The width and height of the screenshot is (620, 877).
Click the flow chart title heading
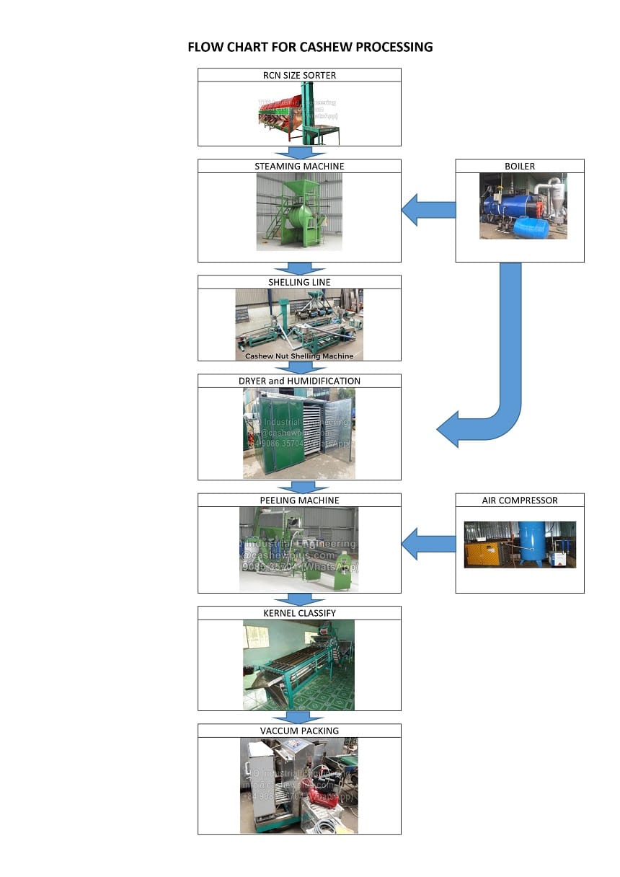pyautogui.click(x=310, y=48)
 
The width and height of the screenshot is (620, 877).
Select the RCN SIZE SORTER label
pyautogui.click(x=299, y=75)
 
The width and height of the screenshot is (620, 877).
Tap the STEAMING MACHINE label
pyautogui.click(x=299, y=166)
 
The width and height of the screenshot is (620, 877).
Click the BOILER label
pyautogui.click(x=519, y=166)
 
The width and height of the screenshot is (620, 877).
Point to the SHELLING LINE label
pyautogui.click(x=299, y=282)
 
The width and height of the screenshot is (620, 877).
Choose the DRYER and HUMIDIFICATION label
pyautogui.click(x=299, y=381)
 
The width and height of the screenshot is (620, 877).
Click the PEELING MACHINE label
pyautogui.click(x=299, y=500)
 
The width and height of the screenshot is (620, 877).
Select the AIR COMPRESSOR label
pyautogui.click(x=519, y=500)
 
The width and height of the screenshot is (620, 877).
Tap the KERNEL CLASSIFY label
pyautogui.click(x=299, y=613)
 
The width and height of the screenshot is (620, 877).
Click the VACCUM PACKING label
pyautogui.click(x=299, y=731)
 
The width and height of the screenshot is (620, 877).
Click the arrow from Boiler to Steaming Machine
pyautogui.click(x=428, y=210)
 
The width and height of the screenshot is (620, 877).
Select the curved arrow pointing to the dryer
pyautogui.click(x=497, y=404)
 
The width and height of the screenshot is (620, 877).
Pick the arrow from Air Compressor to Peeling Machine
pyautogui.click(x=428, y=544)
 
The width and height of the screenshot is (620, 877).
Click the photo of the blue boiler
pyautogui.click(x=523, y=206)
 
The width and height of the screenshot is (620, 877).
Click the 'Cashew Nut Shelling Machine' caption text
pyautogui.click(x=299, y=356)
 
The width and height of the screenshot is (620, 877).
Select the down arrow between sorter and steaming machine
pyautogui.click(x=299, y=152)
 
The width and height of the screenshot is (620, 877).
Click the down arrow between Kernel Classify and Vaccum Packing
pyautogui.click(x=299, y=717)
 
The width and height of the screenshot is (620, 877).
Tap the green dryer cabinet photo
pyautogui.click(x=299, y=433)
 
